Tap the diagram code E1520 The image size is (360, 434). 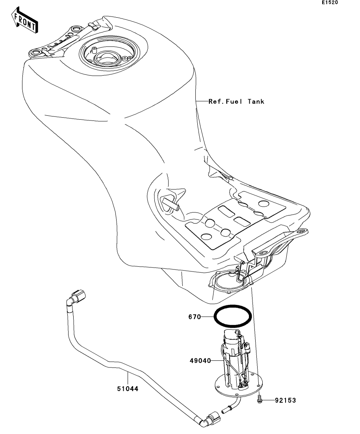pyautogui.click(x=330, y=2)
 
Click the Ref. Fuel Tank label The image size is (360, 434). pyautogui.click(x=236, y=102)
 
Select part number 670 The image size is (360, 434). pyautogui.click(x=195, y=317)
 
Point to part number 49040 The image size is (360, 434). pyautogui.click(x=200, y=361)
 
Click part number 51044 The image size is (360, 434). pyautogui.click(x=128, y=389)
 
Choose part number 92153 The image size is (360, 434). pyautogui.click(x=286, y=400)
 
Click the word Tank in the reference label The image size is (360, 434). pyautogui.click(x=256, y=102)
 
